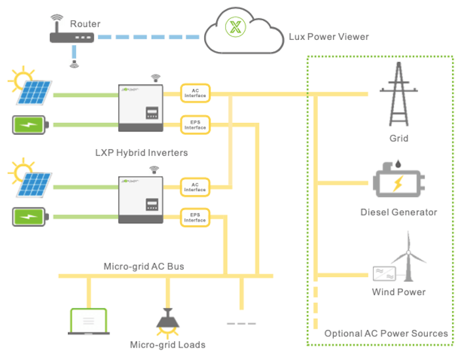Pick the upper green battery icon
[x=30, y=124]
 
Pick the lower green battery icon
[x=30, y=216]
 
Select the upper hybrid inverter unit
[x=145, y=107]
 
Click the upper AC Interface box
[x=195, y=94]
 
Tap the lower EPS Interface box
[x=195, y=217]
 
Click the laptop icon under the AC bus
[x=88, y=321]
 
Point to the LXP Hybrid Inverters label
[x=141, y=153]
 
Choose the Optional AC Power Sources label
[x=386, y=333]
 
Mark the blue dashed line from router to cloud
[x=150, y=37]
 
